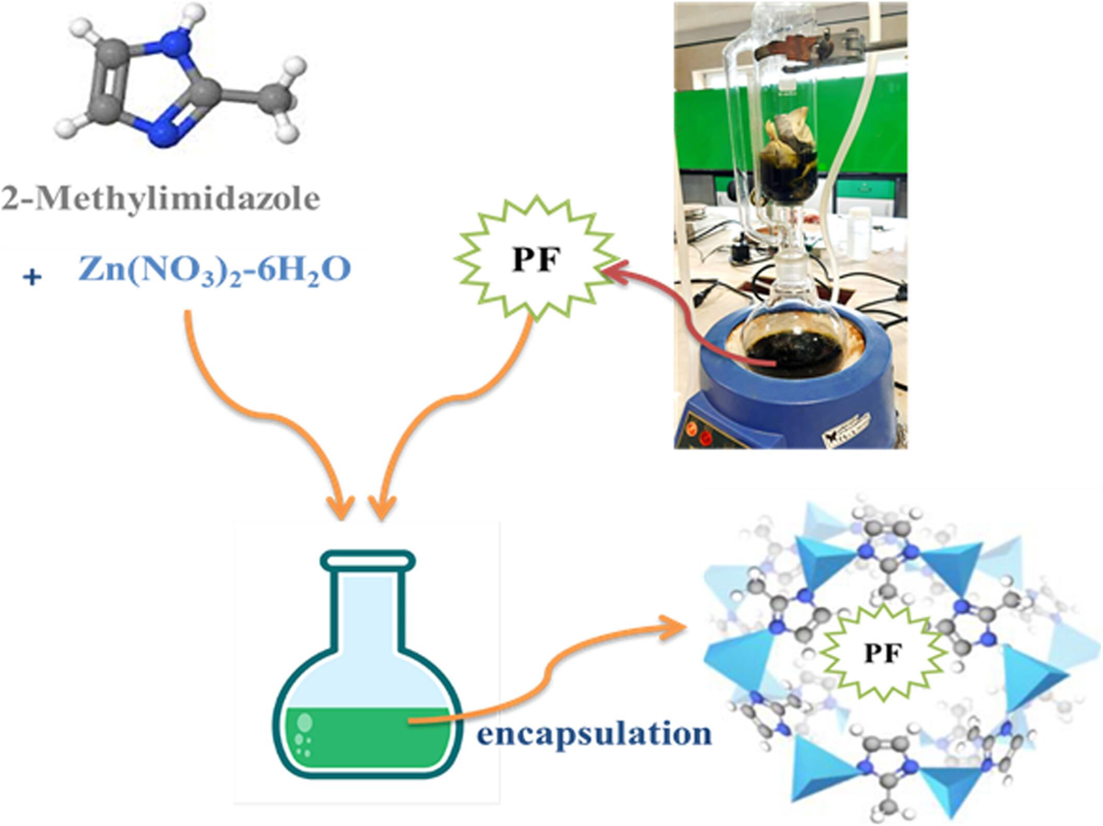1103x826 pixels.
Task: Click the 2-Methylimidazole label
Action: [161, 199]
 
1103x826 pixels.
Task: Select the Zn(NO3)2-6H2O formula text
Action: [214, 269]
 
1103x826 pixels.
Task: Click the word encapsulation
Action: [594, 734]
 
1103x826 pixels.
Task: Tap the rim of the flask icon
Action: [367, 559]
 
